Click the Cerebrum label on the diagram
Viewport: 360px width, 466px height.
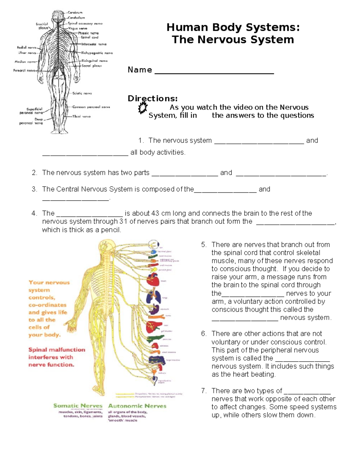tap(75, 13)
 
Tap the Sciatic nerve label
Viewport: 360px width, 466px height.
tap(82, 93)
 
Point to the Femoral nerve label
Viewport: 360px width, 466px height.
tap(24, 71)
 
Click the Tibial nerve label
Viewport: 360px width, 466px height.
tap(81, 116)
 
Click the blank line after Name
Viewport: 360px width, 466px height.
tap(214, 72)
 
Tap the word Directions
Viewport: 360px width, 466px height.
tap(152, 98)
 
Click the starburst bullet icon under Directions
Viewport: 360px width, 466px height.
tap(143, 107)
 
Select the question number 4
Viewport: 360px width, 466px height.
tap(34, 213)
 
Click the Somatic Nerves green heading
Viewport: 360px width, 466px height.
tap(78, 406)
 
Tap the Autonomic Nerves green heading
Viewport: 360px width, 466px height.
tap(137, 406)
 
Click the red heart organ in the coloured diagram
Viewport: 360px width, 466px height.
tap(153, 280)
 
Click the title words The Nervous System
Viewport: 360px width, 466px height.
tap(233, 40)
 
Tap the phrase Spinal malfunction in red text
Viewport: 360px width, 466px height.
tap(57, 350)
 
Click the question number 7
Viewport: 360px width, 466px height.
tap(204, 391)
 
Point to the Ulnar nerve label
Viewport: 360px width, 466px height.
tap(27, 53)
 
